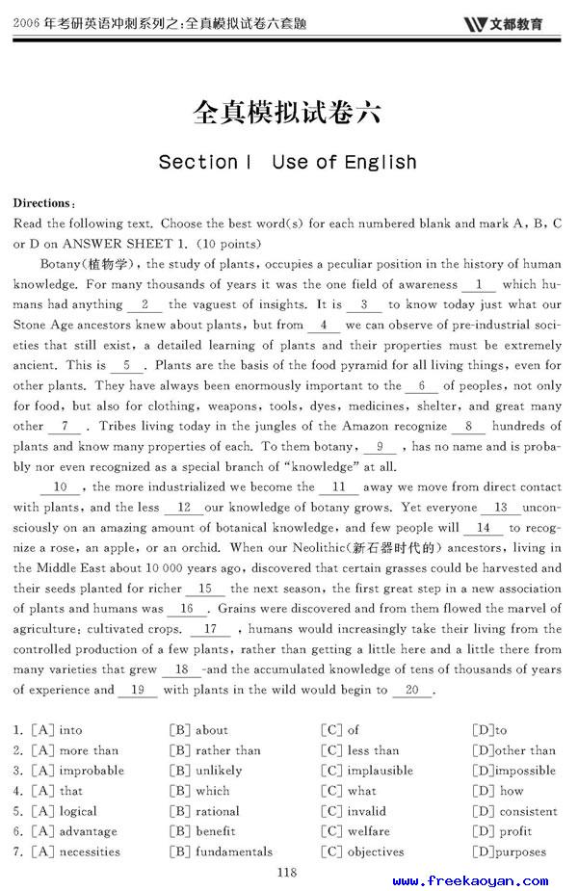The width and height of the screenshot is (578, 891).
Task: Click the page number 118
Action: coord(286,872)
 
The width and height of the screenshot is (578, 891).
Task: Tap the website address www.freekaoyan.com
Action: coord(470,880)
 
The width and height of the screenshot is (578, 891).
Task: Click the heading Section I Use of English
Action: coord(287,162)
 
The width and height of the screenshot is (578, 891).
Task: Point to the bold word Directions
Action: coord(42,203)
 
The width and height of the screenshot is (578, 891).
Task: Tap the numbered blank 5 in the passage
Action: coord(126,365)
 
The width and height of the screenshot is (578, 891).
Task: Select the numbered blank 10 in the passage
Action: coord(66,487)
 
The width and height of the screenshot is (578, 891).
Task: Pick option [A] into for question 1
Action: coord(58,730)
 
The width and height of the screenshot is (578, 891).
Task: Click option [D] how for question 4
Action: coord(498,791)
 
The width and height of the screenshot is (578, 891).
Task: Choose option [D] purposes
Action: coord(510,852)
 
